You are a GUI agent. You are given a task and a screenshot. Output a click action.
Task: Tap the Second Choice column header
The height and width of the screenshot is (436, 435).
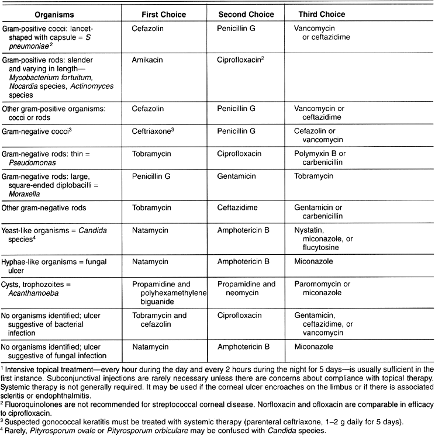pos(240,13)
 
